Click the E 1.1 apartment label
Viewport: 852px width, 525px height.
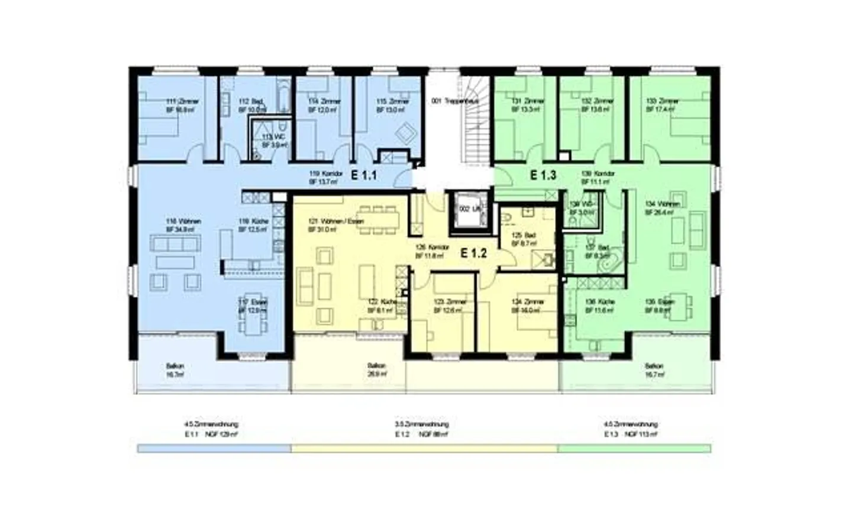(364, 175)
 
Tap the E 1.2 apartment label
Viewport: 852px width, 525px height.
(473, 253)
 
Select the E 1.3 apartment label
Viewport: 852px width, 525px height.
(543, 175)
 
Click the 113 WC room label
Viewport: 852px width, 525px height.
(274, 141)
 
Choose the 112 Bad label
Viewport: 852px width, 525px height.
(252, 105)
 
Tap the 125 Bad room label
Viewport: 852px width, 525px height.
(524, 239)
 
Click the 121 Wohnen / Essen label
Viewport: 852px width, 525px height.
(335, 225)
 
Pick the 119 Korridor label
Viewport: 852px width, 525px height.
(325, 178)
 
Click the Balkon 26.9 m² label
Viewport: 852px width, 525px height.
(376, 370)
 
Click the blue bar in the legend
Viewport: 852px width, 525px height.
(214, 449)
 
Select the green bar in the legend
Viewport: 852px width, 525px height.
(634, 449)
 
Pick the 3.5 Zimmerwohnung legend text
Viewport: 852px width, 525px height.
(421, 424)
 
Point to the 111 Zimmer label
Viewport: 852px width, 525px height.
(182, 105)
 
